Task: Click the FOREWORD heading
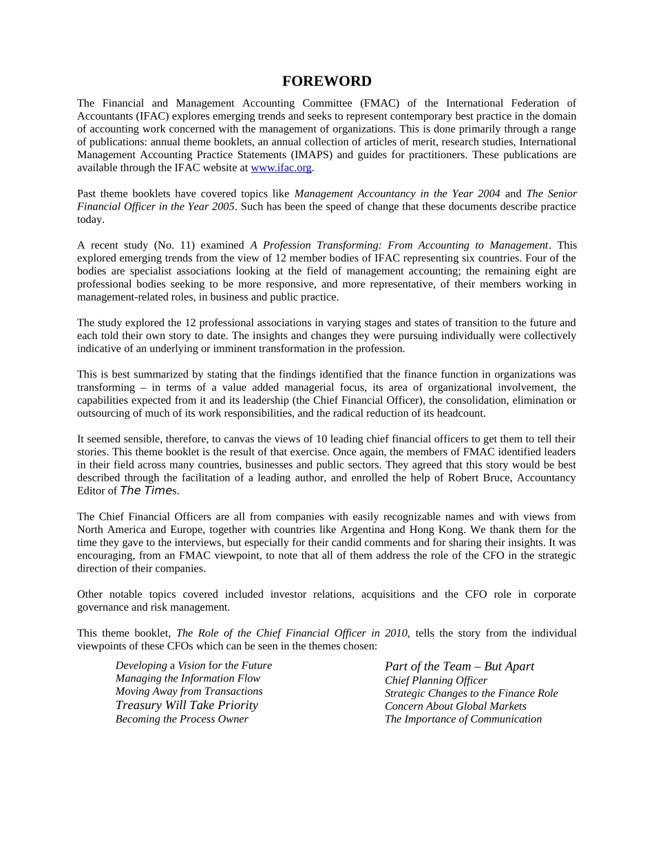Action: coord(326,81)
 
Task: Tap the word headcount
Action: coord(461,413)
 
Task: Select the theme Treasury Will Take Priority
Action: coord(187,706)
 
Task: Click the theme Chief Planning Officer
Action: coord(436,681)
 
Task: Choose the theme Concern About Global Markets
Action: coord(455,706)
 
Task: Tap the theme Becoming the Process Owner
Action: coord(182,719)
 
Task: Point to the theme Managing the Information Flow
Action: coord(188,679)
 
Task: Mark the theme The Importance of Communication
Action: coord(463,719)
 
